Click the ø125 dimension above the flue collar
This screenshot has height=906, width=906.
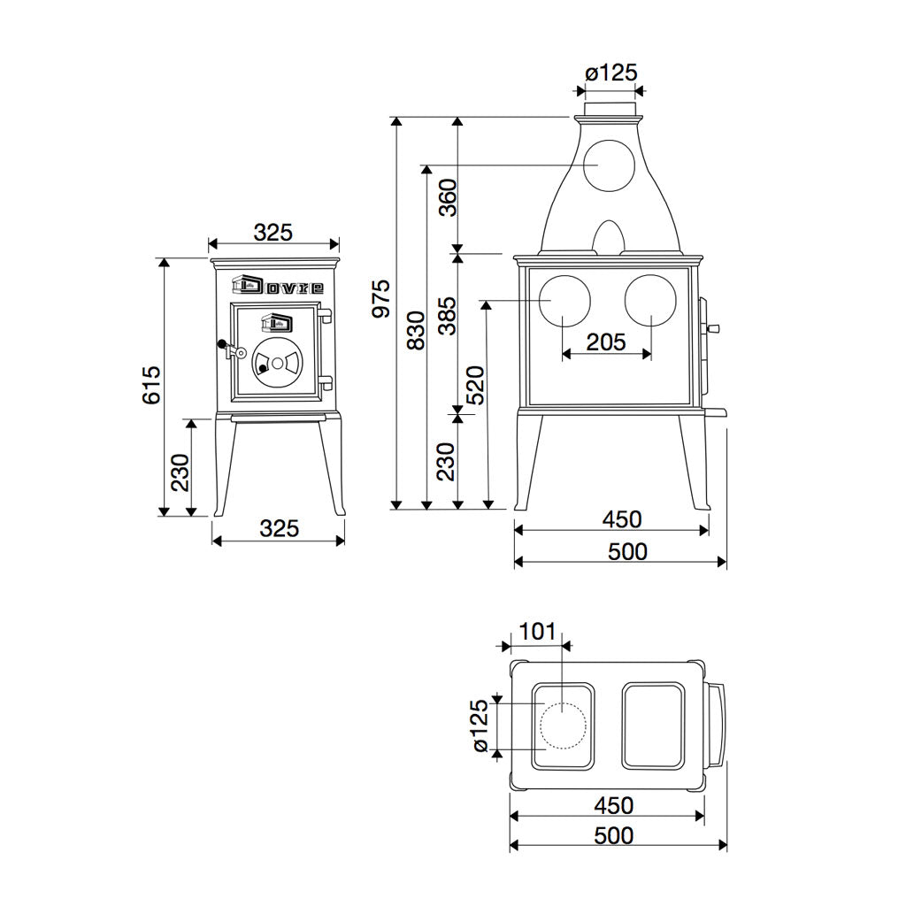(x=610, y=73)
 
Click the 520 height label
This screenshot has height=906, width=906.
(x=476, y=385)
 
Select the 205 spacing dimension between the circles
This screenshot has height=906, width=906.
(x=607, y=341)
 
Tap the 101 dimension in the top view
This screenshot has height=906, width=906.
(x=537, y=632)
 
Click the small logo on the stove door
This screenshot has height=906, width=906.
(x=276, y=322)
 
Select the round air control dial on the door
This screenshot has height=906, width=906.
(x=276, y=363)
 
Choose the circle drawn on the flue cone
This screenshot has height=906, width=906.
(x=609, y=165)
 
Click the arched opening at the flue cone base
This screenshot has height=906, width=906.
(x=609, y=237)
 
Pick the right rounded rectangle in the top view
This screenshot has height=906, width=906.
(x=653, y=726)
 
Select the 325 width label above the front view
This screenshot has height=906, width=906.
(x=273, y=233)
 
